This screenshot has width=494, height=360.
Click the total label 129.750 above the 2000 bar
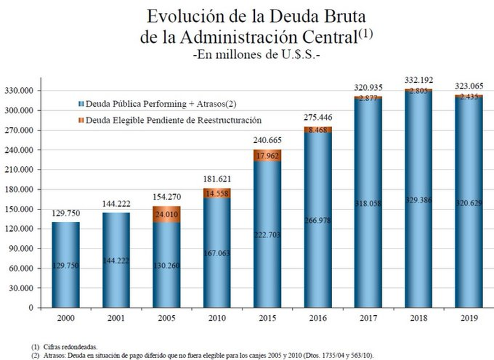click(x=66, y=214)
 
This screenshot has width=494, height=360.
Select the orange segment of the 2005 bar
click(x=167, y=214)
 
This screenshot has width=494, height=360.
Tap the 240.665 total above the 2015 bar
click(x=268, y=140)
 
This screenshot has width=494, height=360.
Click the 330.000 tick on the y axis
click(x=20, y=91)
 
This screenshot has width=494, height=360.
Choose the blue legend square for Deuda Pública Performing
click(x=81, y=104)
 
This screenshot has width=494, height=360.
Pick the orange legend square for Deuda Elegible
click(x=81, y=121)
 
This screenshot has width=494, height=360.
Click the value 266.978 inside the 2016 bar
click(x=318, y=221)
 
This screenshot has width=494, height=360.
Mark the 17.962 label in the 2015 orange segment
click(x=268, y=156)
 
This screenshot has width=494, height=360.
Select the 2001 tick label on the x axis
click(x=116, y=318)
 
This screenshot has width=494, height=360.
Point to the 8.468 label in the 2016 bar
click(x=318, y=130)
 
